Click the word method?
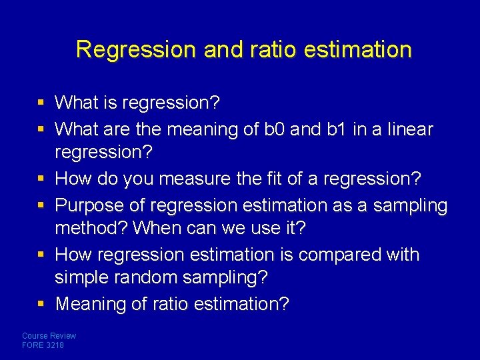[91, 228]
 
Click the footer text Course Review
[49, 336]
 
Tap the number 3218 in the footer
[55, 345]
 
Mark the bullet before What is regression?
[41, 103]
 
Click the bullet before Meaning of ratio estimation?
[41, 304]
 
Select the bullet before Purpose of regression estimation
[41, 205]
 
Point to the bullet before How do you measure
[41, 179]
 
